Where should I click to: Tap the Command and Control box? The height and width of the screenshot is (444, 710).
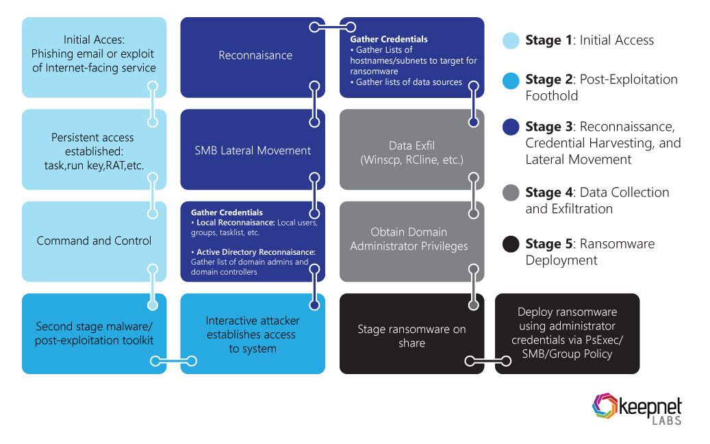(94, 241)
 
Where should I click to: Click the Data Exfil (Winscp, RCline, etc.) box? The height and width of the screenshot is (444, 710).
(411, 149)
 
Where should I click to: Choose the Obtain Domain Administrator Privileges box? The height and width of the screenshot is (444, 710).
(411, 241)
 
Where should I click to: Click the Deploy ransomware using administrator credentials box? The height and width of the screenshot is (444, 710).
(567, 333)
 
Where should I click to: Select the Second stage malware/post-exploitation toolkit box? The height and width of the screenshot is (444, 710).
(94, 333)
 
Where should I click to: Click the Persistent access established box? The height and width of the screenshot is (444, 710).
(94, 149)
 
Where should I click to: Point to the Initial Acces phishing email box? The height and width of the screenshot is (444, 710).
(94, 57)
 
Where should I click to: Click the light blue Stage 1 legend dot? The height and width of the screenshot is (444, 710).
(510, 40)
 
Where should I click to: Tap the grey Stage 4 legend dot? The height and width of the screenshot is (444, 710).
(510, 193)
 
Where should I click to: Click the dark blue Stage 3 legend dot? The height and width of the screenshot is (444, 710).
(510, 127)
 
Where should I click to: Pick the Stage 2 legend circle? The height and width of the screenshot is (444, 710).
(510, 80)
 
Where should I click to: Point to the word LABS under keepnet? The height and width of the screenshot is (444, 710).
(667, 421)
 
